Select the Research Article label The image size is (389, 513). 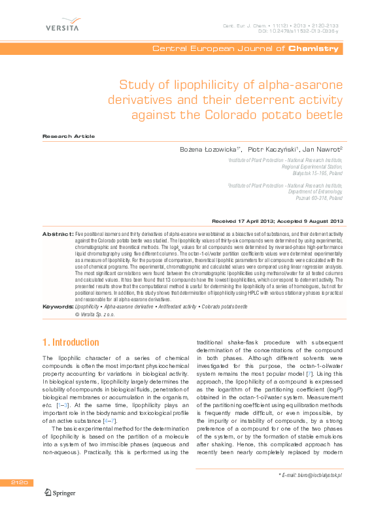click(x=68, y=136)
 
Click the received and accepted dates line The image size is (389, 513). click(x=278, y=222)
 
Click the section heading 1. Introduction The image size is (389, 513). click(x=71, y=342)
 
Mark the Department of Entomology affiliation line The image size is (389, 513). click(x=315, y=191)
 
